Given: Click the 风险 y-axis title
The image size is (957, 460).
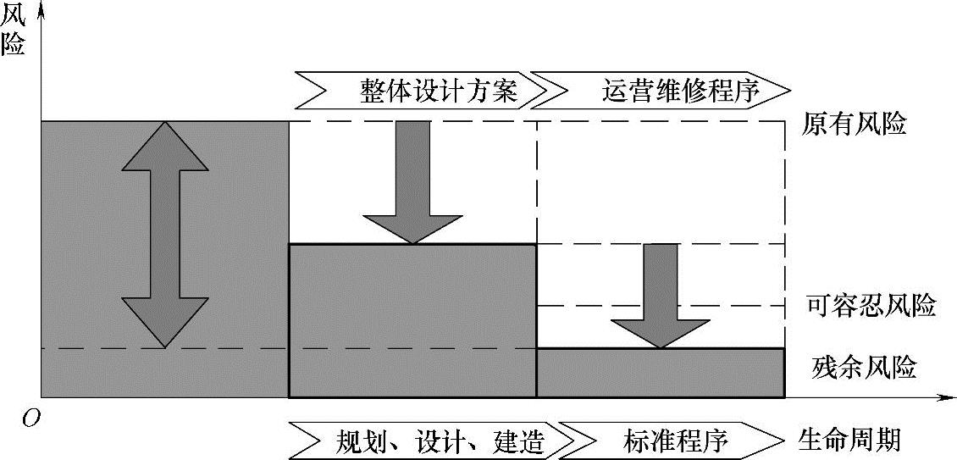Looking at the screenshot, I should point(14,30).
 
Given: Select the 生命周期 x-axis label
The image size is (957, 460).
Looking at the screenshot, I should point(849,440).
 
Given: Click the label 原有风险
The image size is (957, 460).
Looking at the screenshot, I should point(855,125).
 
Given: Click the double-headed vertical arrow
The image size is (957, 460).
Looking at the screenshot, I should point(164,234).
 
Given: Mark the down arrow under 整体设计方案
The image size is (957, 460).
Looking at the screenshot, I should point(412,182).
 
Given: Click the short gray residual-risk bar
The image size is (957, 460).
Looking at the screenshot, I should point(661,373).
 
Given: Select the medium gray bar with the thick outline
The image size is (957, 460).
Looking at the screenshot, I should point(412,320).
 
